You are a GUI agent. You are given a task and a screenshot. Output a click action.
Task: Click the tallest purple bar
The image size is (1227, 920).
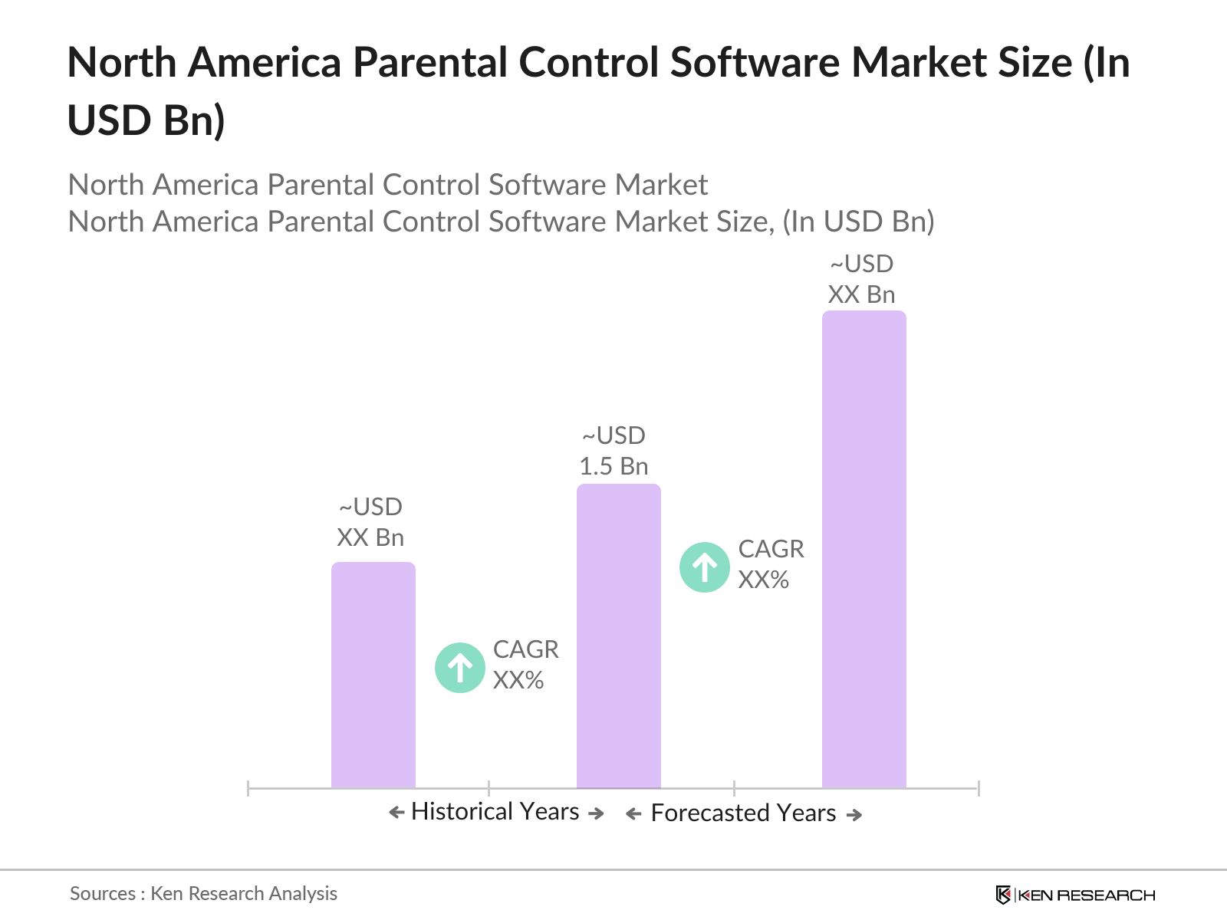pos(864,549)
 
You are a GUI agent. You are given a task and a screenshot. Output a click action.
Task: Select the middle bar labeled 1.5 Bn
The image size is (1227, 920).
pos(618,636)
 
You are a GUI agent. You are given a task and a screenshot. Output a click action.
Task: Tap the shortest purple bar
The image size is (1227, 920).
pos(373,675)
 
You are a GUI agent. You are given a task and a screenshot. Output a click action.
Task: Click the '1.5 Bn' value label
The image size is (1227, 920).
pos(613,466)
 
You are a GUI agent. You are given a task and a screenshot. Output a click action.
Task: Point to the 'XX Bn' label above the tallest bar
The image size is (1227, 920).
pos(861,294)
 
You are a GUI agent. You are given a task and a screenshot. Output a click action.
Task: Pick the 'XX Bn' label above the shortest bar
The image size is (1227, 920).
pos(370,537)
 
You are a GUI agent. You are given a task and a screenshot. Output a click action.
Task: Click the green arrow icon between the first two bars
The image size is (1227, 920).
pos(459,668)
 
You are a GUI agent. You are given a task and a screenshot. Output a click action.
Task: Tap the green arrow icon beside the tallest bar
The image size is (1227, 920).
pos(704,567)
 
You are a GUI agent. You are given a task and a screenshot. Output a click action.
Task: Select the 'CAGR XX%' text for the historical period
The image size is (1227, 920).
pos(525,665)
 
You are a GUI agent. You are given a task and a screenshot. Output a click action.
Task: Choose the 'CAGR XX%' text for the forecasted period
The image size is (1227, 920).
pos(771,564)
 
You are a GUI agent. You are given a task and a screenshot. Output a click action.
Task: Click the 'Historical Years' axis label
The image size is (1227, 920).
pos(495,811)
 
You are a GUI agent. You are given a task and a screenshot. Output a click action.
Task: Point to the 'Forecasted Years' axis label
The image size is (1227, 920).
pos(743,813)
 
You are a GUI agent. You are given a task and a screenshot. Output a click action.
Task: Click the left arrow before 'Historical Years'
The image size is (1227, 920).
pos(396,813)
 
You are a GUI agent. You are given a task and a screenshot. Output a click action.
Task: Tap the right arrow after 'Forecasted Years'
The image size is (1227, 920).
pos(854,815)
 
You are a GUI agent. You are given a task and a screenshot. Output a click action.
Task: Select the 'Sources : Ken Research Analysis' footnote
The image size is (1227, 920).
pos(203,893)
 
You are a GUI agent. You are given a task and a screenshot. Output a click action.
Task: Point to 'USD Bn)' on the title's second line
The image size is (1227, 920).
pos(146,120)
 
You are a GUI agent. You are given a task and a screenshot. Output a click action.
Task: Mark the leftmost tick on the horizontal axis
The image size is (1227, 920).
pos(248,788)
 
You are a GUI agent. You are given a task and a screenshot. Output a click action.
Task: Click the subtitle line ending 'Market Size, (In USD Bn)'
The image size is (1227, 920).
pos(501,222)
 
